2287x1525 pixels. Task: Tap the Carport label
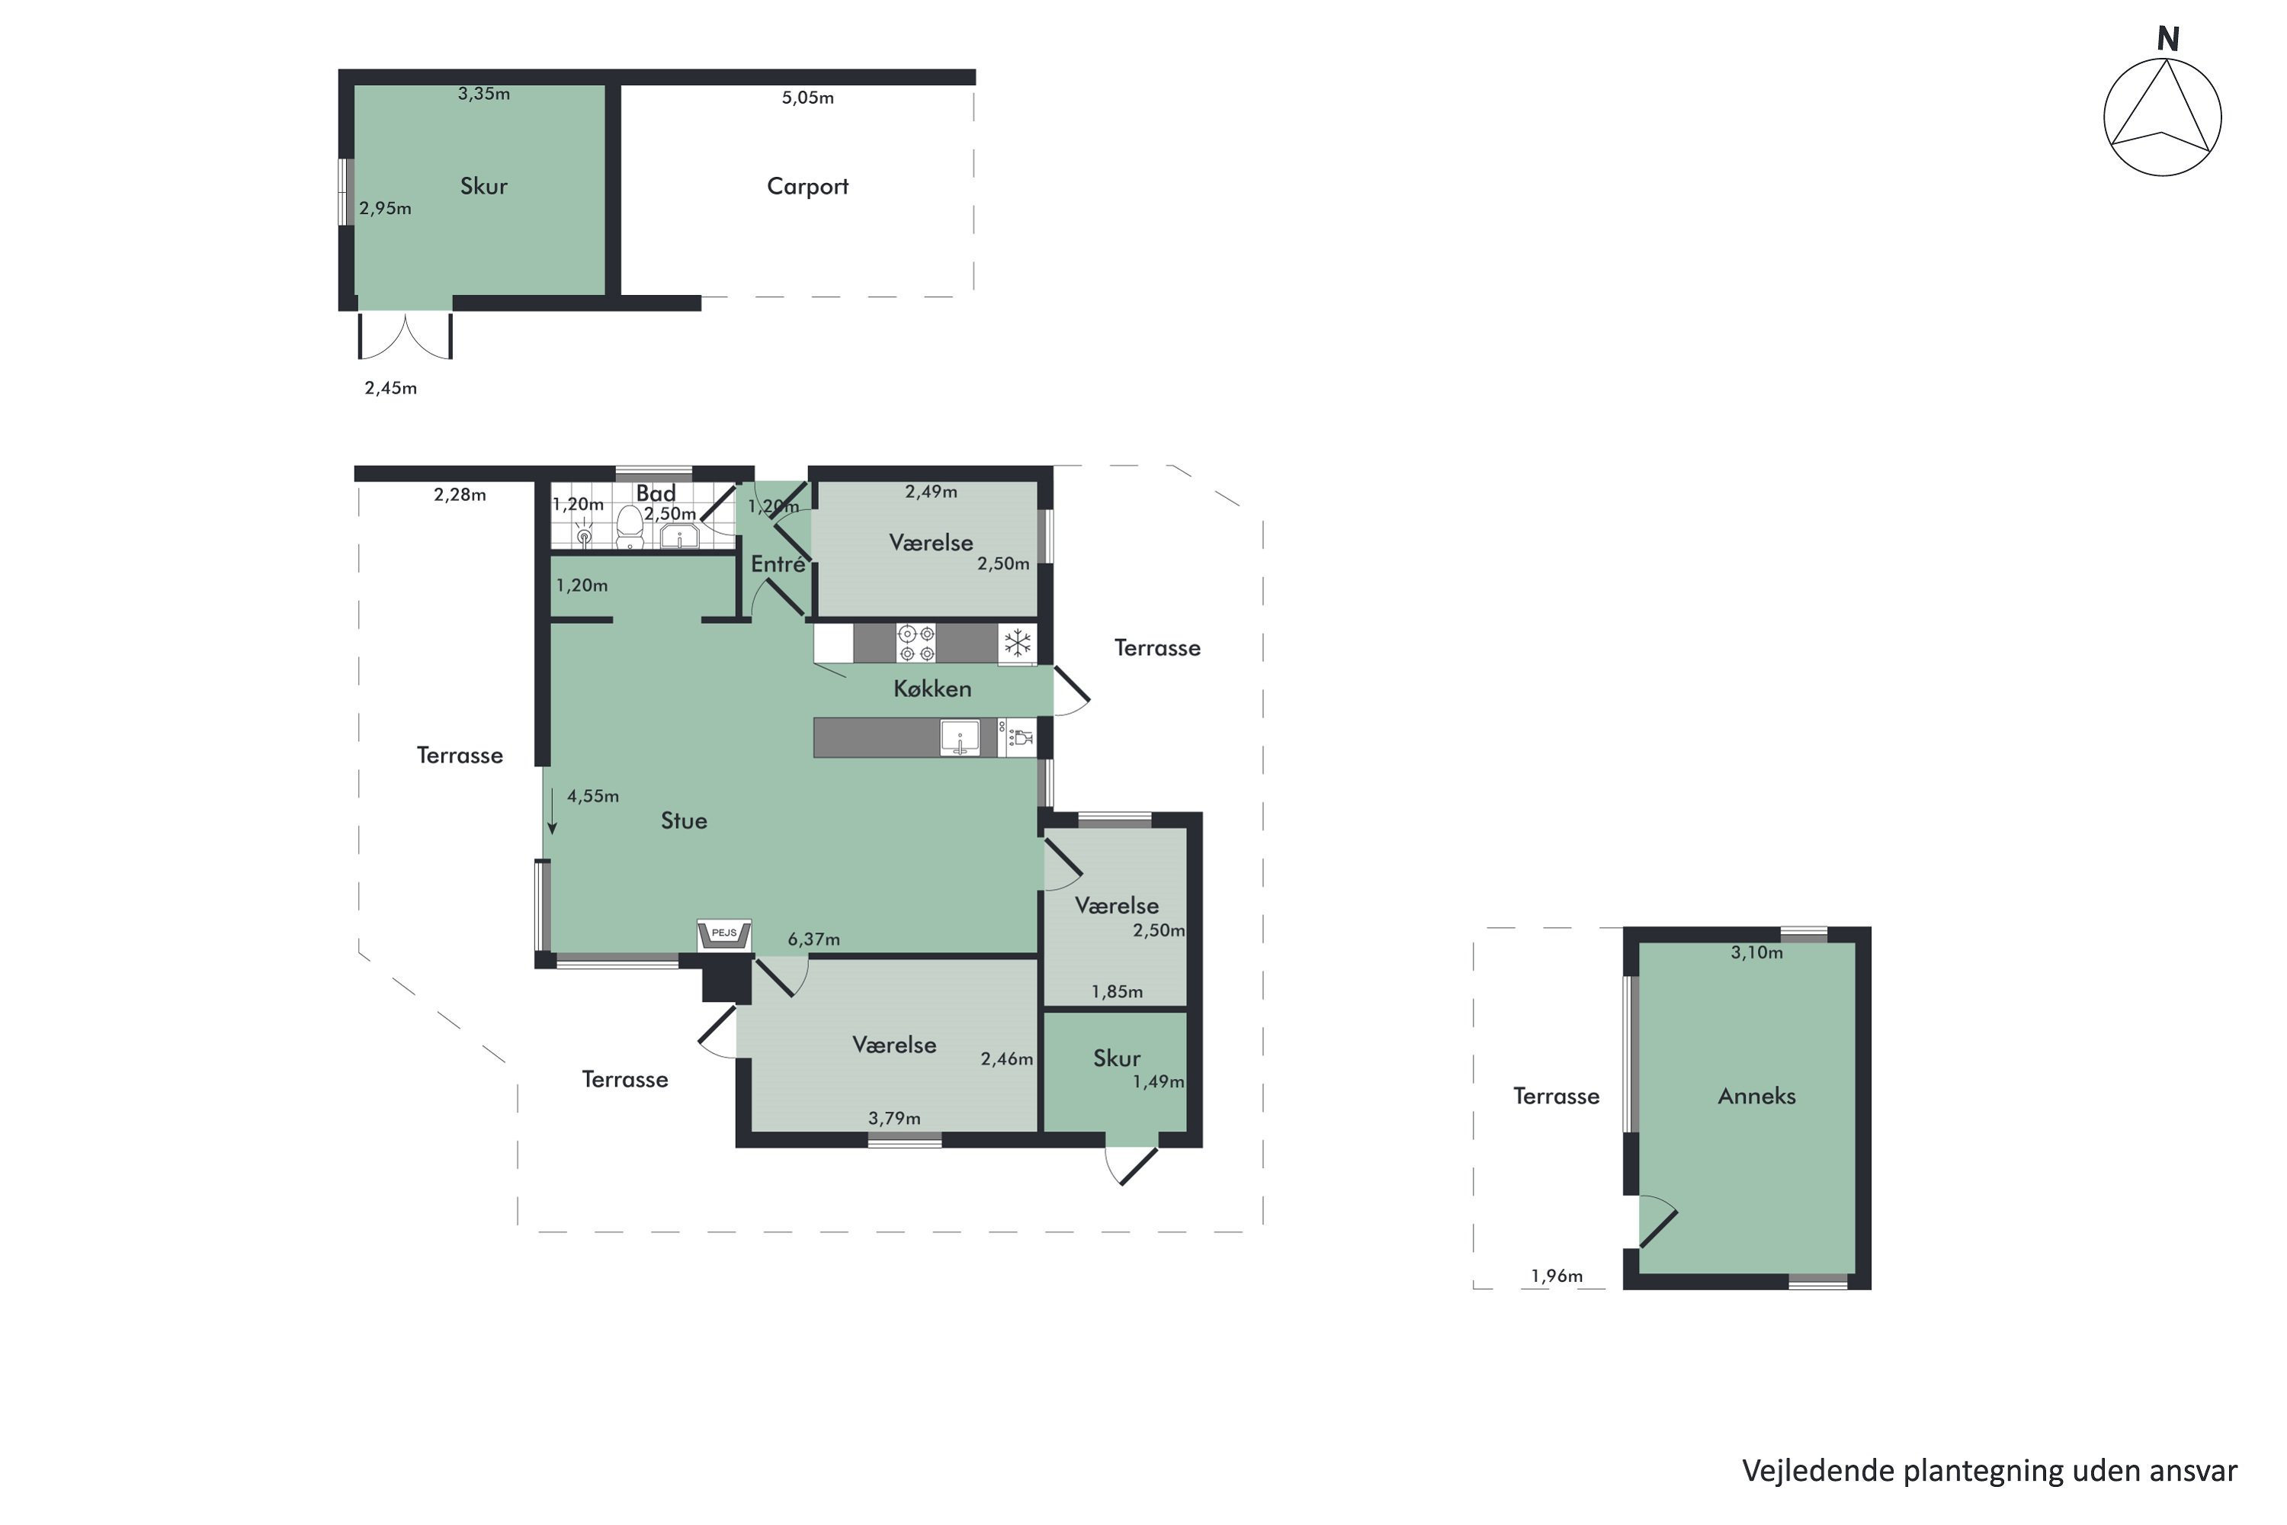click(807, 186)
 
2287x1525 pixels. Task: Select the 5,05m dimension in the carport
click(807, 98)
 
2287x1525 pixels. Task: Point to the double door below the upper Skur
click(406, 334)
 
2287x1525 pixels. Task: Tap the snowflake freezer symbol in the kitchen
click(1017, 643)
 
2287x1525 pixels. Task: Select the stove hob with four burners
click(916, 644)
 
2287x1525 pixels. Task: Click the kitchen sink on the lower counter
click(960, 737)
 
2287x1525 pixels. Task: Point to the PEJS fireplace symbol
click(724, 935)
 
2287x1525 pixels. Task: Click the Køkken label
click(932, 689)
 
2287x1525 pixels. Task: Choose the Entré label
click(778, 563)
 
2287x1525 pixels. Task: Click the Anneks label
click(1756, 1096)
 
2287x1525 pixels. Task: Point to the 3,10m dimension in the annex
click(1756, 953)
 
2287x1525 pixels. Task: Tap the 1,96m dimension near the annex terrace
click(1556, 1276)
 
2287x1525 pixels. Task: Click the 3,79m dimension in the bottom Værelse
click(893, 1119)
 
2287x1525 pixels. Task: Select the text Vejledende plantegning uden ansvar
click(1988, 1471)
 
